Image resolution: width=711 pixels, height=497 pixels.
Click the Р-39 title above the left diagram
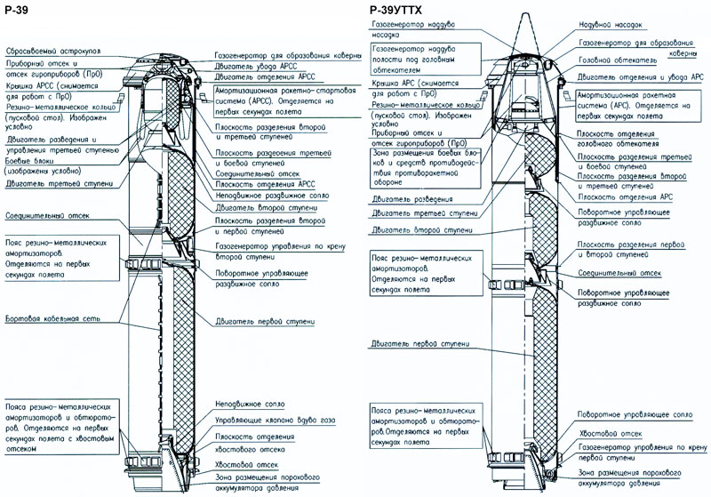tap(16, 8)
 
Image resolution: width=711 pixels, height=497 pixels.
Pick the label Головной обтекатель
tap(616, 60)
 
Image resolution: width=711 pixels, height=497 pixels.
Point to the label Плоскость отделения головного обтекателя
tap(614, 139)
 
